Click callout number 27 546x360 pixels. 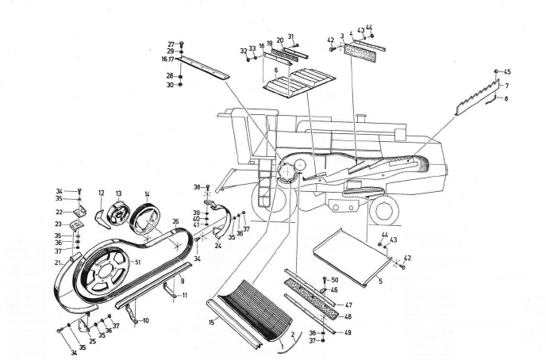[x=170, y=44]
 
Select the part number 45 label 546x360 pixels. [x=507, y=72]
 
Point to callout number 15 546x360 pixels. [x=212, y=321]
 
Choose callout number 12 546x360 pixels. [x=102, y=193]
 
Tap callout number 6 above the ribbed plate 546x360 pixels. [x=275, y=71]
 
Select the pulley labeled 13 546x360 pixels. [x=120, y=213]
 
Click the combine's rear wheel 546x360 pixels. [x=383, y=208]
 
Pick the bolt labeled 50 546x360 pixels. [x=325, y=283]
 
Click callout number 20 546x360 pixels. [x=279, y=40]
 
